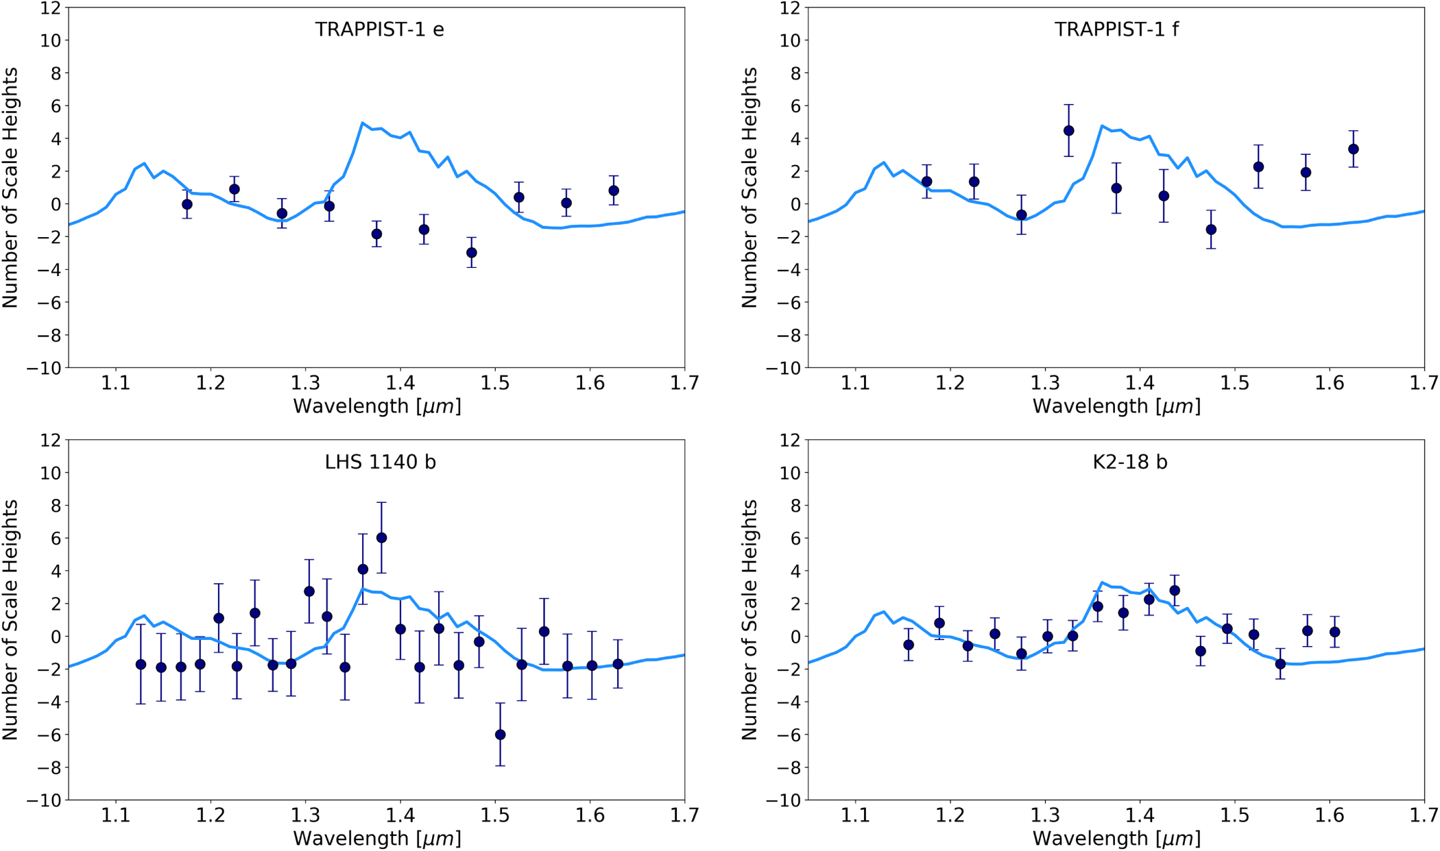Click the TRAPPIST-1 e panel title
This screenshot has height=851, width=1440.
click(379, 29)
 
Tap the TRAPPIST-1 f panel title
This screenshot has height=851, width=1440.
click(1116, 29)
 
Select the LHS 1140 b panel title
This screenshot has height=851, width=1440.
click(380, 462)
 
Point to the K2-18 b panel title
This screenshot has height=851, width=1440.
click(1129, 462)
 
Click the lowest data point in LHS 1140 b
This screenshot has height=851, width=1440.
click(501, 735)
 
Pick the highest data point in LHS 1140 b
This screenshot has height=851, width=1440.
click(382, 538)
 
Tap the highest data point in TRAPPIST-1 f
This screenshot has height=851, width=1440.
click(1068, 131)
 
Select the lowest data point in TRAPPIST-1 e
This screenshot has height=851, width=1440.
click(472, 253)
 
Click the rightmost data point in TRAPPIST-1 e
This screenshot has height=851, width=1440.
click(614, 190)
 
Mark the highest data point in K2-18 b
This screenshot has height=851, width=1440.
click(1175, 591)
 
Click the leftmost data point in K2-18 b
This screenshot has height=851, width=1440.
click(909, 645)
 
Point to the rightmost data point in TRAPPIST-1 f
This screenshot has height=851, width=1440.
click(1353, 149)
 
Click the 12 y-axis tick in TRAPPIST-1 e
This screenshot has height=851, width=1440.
click(52, 8)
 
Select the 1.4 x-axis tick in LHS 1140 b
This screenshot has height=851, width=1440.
click(400, 815)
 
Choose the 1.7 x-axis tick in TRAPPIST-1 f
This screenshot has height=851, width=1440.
click(1424, 383)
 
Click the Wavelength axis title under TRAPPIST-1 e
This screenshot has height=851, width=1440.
click(376, 406)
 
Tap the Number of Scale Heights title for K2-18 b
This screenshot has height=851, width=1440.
click(749, 619)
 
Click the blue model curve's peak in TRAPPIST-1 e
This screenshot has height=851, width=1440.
click(362, 123)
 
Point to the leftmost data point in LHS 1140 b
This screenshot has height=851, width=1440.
click(141, 665)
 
